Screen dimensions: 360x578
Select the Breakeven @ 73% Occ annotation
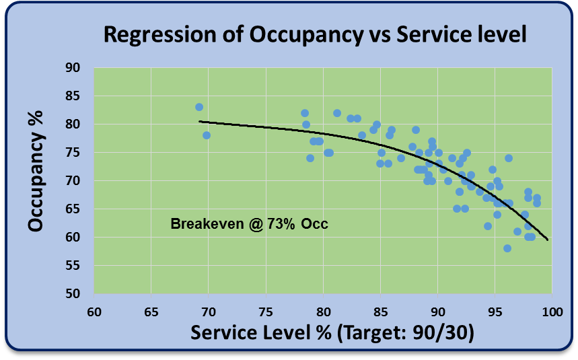click(x=250, y=224)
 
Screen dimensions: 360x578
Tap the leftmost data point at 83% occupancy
click(x=199, y=107)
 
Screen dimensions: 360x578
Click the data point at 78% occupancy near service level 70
click(x=207, y=135)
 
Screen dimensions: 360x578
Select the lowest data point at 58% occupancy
click(x=507, y=248)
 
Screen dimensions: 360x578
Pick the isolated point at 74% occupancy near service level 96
click(x=509, y=158)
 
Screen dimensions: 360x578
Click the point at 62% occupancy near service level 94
click(x=488, y=226)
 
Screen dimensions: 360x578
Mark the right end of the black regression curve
click(x=548, y=240)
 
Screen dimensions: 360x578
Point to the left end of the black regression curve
click(x=199, y=122)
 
